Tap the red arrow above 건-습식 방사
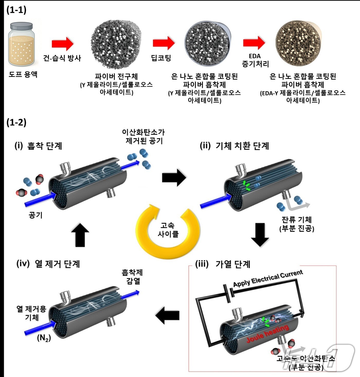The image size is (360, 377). [62, 44]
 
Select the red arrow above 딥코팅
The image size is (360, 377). [164, 43]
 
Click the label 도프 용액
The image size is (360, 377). [23, 75]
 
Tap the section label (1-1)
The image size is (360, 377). [16, 10]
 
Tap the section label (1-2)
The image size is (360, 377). [16, 122]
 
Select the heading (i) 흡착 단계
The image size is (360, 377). [38, 146]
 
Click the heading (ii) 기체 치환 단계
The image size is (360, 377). [234, 146]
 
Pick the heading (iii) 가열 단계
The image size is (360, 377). [222, 264]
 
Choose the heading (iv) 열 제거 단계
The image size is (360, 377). [48, 264]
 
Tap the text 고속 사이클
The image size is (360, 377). [168, 230]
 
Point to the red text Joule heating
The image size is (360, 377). [267, 334]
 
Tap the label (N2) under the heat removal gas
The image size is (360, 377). [44, 338]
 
